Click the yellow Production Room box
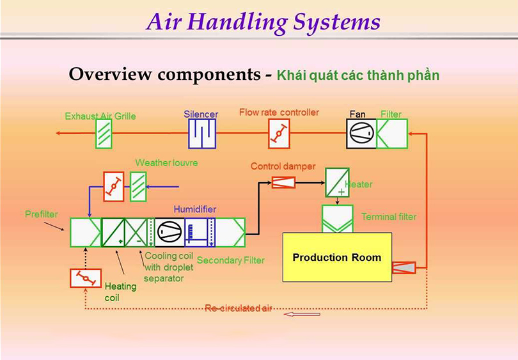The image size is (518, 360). point(337,258)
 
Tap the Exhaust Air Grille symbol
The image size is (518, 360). point(104,134)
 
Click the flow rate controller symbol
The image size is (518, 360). point(278,134)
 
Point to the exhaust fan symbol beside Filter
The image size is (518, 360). point(361,134)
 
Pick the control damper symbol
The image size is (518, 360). point(283,182)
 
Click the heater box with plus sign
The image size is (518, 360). point(337,183)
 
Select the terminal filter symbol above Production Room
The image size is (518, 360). point(337,218)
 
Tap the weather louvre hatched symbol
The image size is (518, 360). point(138,187)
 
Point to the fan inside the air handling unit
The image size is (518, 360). point(169,232)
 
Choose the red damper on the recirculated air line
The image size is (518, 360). point(86,278)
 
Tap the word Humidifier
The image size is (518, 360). point(194,210)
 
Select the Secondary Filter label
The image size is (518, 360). point(230,260)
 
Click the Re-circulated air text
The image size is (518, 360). point(239,308)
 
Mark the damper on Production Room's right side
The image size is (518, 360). point(404,267)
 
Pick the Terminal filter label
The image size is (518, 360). point(388,217)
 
